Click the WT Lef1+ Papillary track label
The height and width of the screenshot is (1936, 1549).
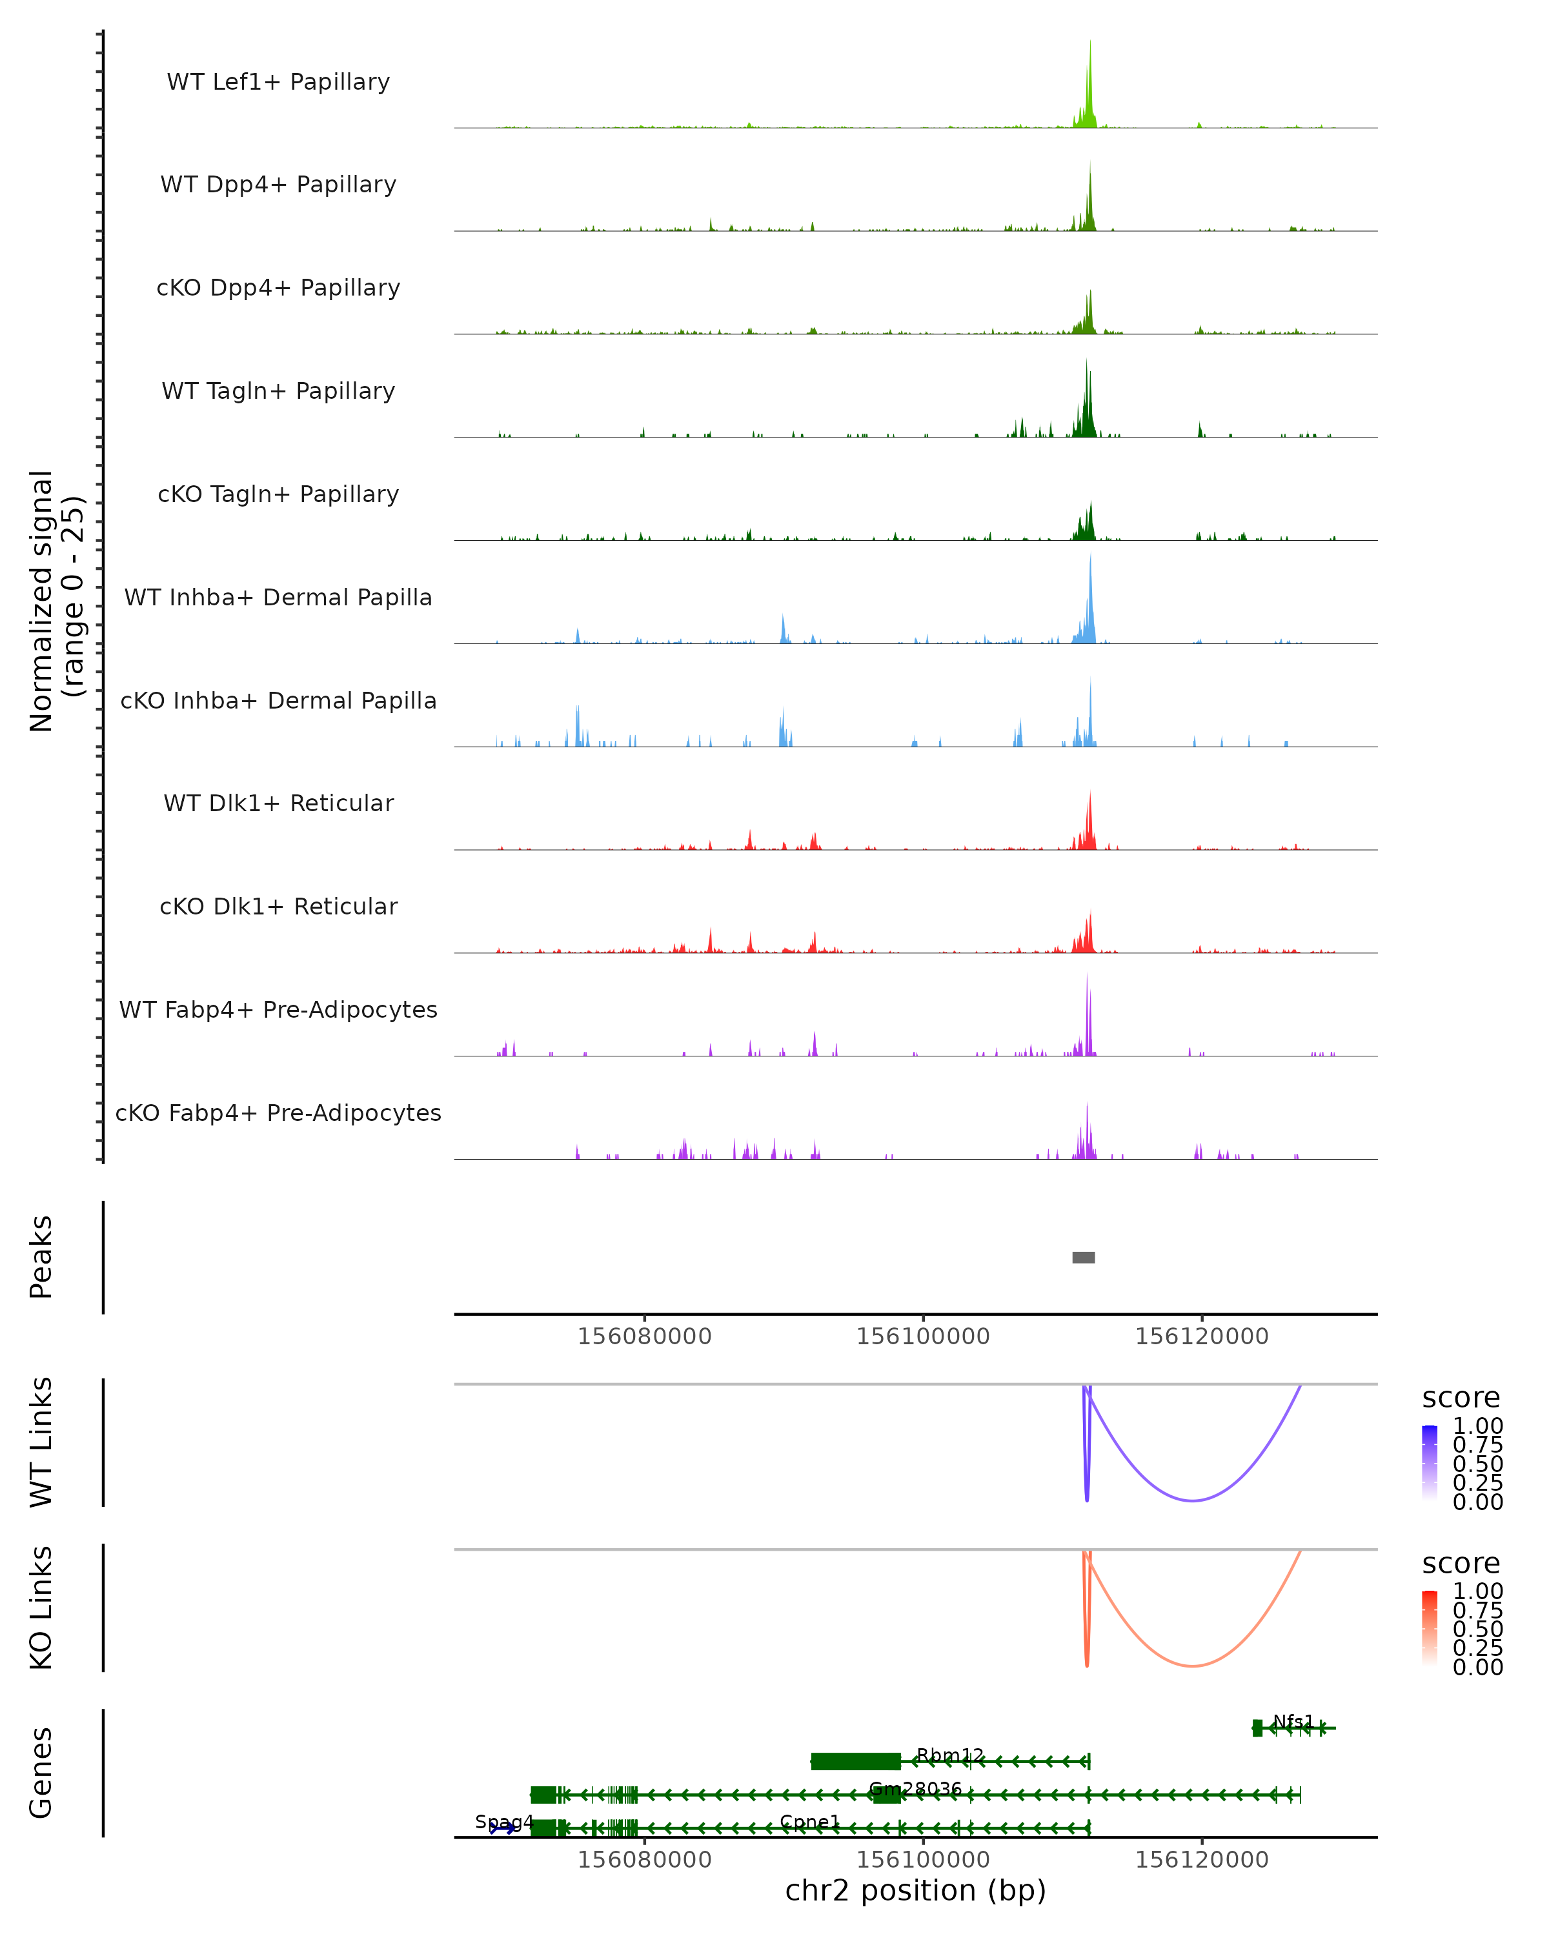click(x=278, y=82)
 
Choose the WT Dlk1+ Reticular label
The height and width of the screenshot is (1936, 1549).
click(x=278, y=803)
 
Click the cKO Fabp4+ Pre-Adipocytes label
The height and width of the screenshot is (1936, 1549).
click(x=278, y=1113)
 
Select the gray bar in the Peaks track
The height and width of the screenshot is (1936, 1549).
click(x=1083, y=1257)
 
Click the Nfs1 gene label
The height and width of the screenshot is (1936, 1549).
click(x=1293, y=1721)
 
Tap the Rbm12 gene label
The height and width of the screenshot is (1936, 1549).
click(x=950, y=1755)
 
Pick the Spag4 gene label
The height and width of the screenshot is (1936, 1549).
click(x=504, y=1822)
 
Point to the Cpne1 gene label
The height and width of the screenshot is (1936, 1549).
click(x=809, y=1822)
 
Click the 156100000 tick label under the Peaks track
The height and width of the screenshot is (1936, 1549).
click(x=922, y=1336)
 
